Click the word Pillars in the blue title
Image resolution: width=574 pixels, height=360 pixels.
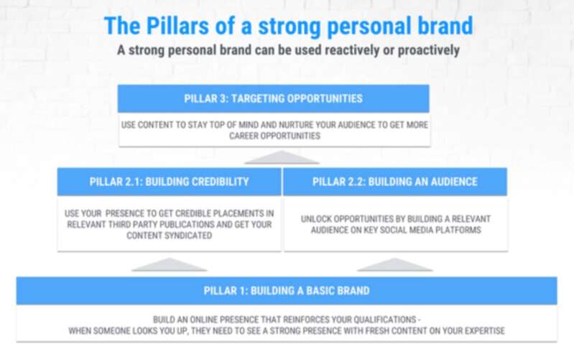(x=177, y=26)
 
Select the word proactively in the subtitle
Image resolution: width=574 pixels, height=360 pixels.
(x=428, y=51)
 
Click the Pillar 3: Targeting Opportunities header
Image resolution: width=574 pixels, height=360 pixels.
(x=274, y=98)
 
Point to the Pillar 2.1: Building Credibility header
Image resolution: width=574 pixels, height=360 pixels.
(x=169, y=182)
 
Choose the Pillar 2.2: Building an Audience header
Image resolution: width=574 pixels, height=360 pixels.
(x=395, y=182)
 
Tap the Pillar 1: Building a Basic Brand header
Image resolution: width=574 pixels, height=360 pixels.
(x=287, y=291)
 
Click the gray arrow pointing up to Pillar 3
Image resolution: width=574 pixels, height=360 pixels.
(x=282, y=157)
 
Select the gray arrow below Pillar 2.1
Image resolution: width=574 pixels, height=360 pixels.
(x=169, y=264)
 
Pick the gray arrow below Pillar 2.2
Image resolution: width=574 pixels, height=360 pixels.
(x=395, y=264)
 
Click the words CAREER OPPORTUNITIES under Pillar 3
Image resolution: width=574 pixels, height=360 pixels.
(x=274, y=136)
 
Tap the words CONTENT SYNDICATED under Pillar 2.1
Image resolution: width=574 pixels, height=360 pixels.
(x=169, y=236)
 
